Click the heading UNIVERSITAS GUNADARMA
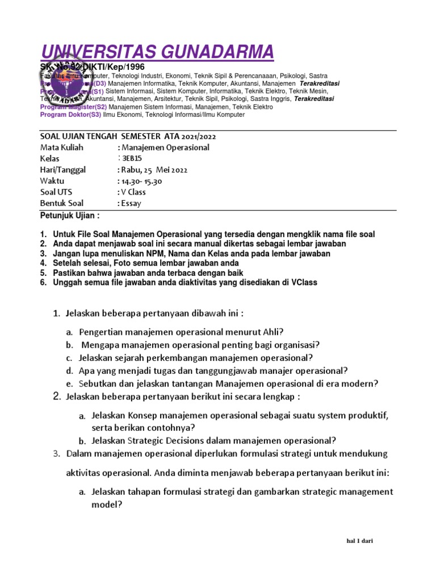click(x=157, y=52)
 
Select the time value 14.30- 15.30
click(x=140, y=181)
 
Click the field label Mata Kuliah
click(x=62, y=148)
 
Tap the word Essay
click(x=130, y=203)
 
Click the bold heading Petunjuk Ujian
click(x=69, y=216)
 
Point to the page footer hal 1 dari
click(x=359, y=541)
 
